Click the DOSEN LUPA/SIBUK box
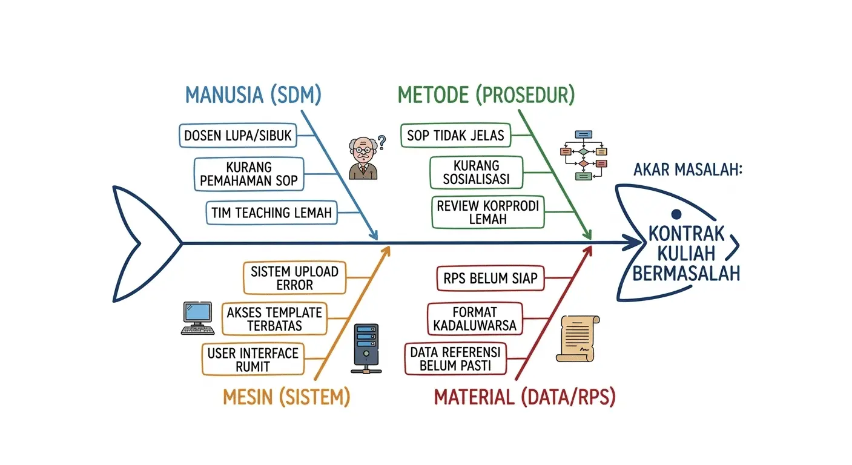click(238, 136)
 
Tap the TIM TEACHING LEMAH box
click(271, 213)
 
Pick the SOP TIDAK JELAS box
click(455, 135)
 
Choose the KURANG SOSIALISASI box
click(475, 173)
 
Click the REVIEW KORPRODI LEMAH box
click(487, 212)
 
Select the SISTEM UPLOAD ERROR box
click(294, 278)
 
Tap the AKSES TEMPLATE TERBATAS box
click(274, 319)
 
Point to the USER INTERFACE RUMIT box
click(253, 359)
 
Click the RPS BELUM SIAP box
click(490, 278)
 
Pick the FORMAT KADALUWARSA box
click(474, 318)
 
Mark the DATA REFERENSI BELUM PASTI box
click(455, 359)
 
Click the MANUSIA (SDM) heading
click(253, 95)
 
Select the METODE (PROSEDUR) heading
click(486, 95)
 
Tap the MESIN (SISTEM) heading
click(286, 397)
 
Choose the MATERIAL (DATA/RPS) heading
click(525, 397)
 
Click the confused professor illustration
click(364, 158)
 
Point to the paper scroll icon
click(577, 338)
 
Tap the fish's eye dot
click(676, 213)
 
